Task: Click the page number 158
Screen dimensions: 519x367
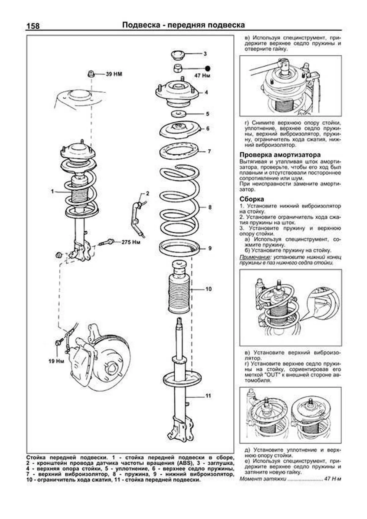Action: click(x=33, y=26)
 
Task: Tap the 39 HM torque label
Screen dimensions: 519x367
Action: click(x=114, y=74)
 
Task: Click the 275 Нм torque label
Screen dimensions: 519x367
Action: click(x=131, y=242)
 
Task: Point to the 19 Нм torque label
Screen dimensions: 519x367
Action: click(x=56, y=361)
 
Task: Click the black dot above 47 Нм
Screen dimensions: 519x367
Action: click(x=208, y=68)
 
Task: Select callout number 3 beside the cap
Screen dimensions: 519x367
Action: click(x=205, y=54)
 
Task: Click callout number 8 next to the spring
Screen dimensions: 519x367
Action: click(x=210, y=207)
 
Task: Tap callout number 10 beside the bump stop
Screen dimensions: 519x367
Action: click(x=209, y=289)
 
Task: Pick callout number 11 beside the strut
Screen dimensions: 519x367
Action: click(x=208, y=396)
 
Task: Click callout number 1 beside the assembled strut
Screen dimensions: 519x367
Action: click(x=53, y=191)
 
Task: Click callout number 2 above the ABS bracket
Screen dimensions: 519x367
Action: click(x=147, y=193)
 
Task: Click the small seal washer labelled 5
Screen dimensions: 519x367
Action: click(x=178, y=114)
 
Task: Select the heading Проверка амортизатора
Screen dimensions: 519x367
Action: click(x=280, y=155)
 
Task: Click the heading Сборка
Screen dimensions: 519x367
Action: click(x=252, y=199)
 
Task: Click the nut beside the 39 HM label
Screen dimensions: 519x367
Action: click(x=91, y=74)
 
